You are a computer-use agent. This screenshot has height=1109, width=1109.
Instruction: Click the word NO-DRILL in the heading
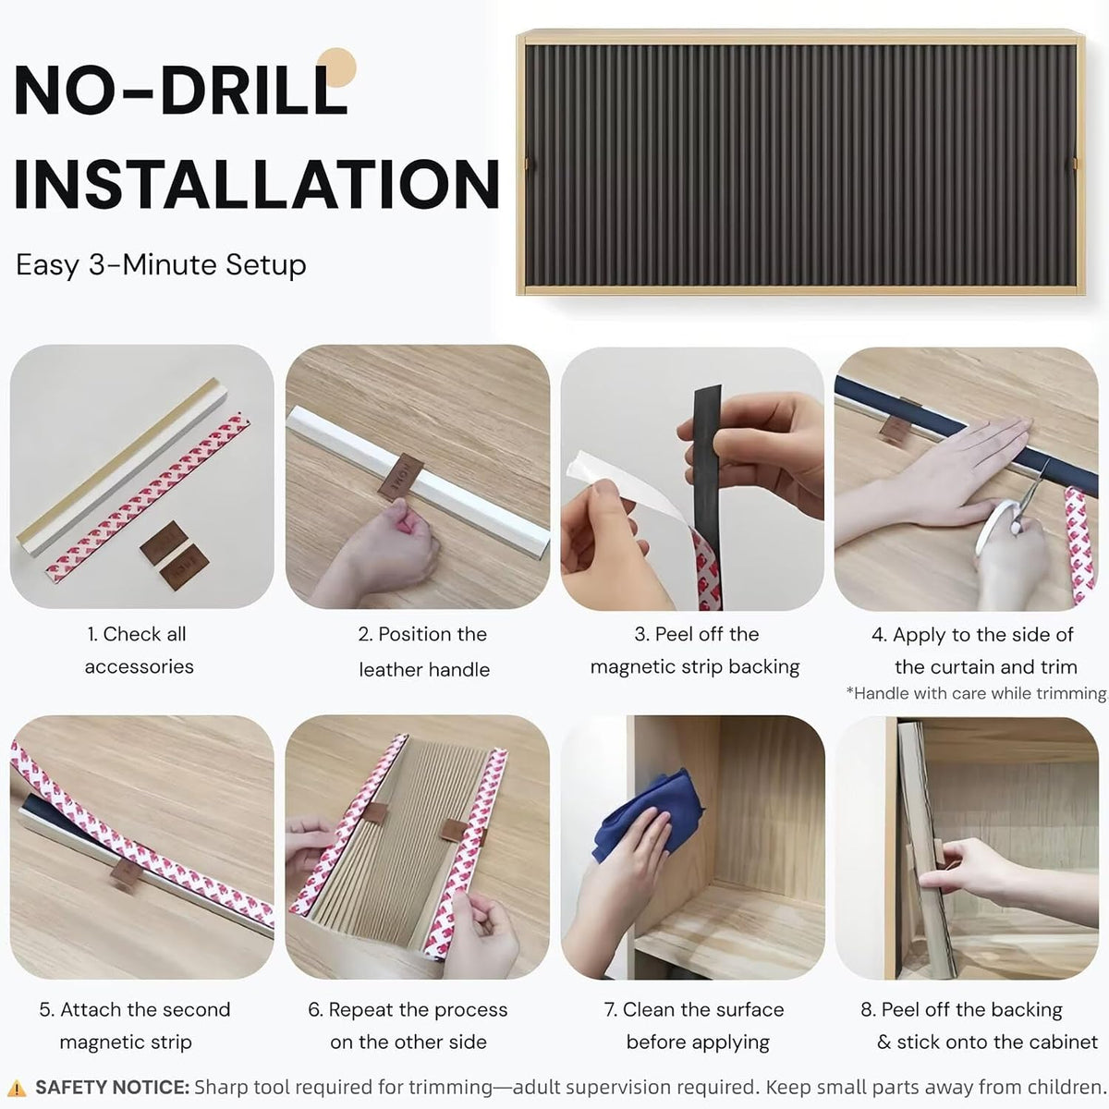tap(181, 90)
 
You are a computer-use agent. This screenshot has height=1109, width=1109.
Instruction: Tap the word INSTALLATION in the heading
tap(257, 183)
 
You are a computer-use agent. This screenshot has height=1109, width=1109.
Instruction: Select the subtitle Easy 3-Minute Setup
tap(161, 265)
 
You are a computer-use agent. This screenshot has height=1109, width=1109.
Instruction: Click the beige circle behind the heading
tap(336, 67)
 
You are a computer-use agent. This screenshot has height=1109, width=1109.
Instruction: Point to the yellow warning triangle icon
tap(18, 1088)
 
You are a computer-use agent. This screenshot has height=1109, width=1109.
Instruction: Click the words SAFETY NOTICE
tap(112, 1087)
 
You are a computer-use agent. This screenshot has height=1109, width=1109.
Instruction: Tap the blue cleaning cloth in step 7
tap(648, 812)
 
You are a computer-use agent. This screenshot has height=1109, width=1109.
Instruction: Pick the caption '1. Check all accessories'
tap(139, 651)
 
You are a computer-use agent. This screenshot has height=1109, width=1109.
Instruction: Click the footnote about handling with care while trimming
tap(977, 693)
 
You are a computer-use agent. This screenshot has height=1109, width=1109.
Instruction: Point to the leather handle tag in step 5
tap(125, 875)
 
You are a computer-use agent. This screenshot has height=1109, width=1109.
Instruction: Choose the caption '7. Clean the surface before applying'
tap(695, 1026)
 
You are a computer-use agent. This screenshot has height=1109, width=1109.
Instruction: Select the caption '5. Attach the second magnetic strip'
tap(135, 1026)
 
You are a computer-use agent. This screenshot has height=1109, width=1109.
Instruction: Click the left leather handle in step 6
tap(375, 813)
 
